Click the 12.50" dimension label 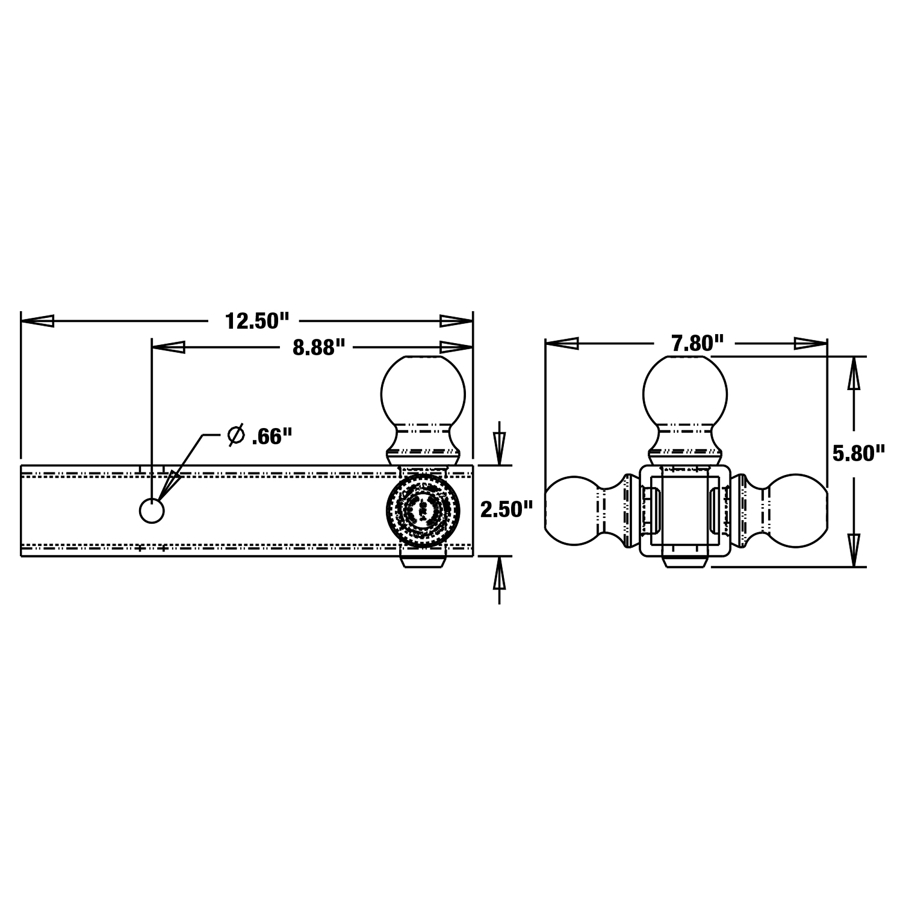click(x=257, y=321)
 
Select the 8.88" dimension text click(x=319, y=347)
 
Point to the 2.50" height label click(x=507, y=509)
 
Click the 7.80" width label click(x=698, y=344)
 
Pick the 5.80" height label click(x=859, y=453)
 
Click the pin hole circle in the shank click(x=152, y=511)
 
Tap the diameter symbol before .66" click(x=236, y=435)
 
